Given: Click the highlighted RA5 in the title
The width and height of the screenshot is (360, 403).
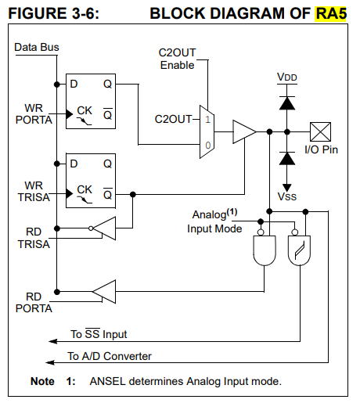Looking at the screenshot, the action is tap(331, 13).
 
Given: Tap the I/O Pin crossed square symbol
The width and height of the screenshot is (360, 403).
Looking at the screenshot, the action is tap(320, 132).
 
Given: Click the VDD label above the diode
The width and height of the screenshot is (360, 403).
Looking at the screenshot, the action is tap(287, 77).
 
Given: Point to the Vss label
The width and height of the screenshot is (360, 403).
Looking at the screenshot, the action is tap(287, 196).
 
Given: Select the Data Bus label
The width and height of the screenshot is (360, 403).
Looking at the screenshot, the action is tap(37, 47).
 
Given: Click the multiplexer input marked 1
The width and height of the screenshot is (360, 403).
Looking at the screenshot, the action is tap(207, 120).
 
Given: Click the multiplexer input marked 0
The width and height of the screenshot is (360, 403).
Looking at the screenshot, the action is tap(207, 145).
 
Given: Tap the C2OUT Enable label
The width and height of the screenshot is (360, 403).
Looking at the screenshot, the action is tap(177, 59).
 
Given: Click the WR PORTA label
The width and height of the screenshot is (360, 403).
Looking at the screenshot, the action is tap(34, 114).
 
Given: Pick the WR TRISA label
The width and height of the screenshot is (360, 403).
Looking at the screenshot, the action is tap(34, 191).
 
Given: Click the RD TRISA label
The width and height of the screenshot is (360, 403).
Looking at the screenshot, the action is tap(34, 238).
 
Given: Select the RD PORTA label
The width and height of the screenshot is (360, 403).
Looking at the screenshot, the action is tap(34, 303).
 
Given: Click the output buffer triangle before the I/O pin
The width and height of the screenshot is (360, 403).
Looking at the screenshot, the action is tap(244, 131).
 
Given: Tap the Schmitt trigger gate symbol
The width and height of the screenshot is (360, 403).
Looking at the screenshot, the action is tap(299, 250).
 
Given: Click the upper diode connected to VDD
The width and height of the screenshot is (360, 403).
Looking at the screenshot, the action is tap(287, 103).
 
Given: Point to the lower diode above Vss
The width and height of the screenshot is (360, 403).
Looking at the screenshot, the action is tap(287, 158).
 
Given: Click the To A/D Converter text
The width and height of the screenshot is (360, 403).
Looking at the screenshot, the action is tap(110, 356).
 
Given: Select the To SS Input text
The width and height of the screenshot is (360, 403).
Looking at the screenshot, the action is tap(99, 333).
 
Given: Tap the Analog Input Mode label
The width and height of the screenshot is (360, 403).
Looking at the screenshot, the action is tap(214, 221).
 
